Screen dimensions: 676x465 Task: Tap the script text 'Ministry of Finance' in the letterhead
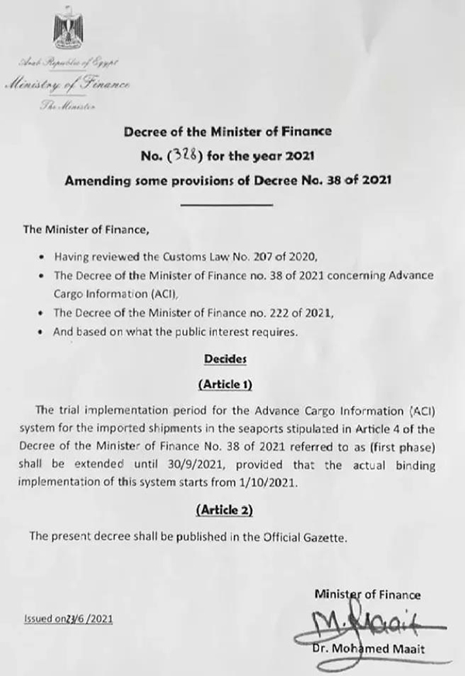(x=69, y=84)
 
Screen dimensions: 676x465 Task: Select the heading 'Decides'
(x=224, y=359)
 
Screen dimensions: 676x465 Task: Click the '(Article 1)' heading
(x=226, y=384)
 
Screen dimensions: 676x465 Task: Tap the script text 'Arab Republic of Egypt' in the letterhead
(x=67, y=61)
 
